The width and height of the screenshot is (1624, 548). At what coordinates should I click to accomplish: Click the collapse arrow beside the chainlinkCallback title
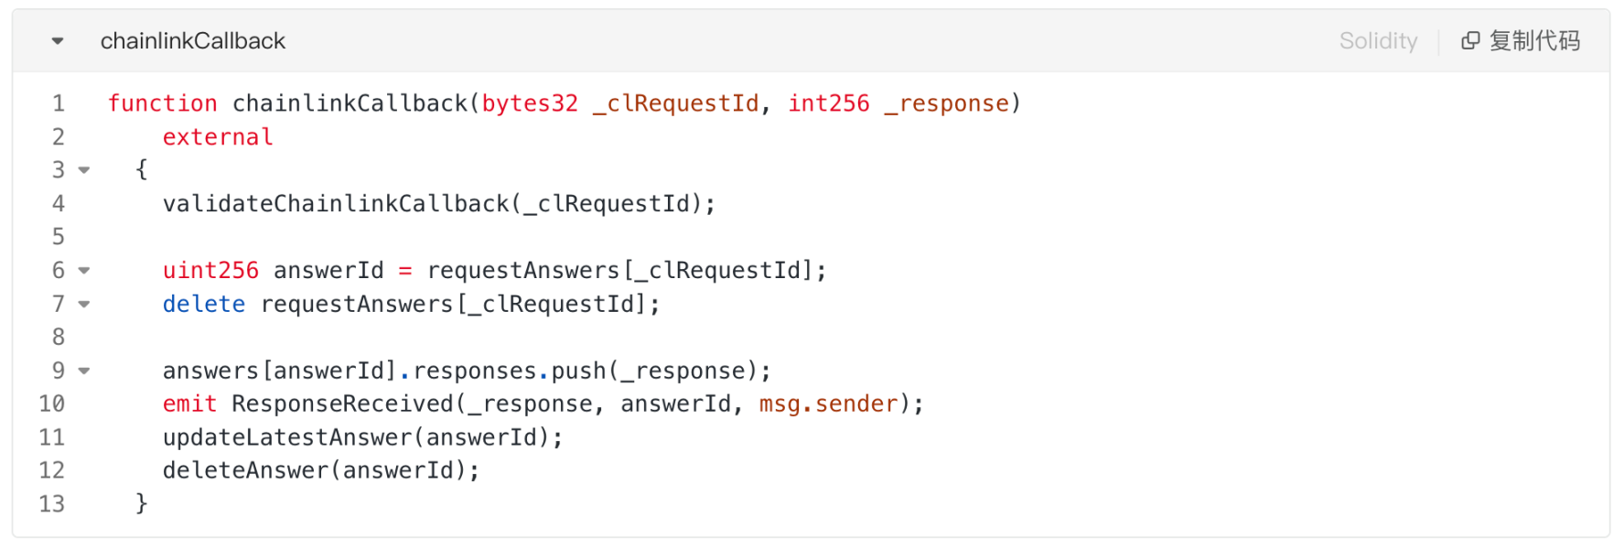(x=58, y=41)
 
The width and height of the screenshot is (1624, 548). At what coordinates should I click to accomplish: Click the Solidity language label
(x=1378, y=41)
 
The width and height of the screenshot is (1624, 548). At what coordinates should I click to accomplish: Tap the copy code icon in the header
(x=1470, y=41)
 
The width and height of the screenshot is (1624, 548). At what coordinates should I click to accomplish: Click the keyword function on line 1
(x=162, y=103)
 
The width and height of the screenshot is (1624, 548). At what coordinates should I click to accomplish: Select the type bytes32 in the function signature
(x=530, y=103)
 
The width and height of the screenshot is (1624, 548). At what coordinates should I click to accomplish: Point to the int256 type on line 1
(x=829, y=103)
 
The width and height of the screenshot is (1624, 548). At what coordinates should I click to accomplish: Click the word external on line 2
(x=218, y=137)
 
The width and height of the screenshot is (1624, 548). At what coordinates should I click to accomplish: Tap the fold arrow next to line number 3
(x=84, y=170)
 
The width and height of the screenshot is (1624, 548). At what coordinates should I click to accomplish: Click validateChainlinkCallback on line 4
(x=336, y=203)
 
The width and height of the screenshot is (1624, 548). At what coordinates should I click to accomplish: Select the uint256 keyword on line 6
(x=210, y=271)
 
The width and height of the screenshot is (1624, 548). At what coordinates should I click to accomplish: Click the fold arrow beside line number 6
(x=84, y=271)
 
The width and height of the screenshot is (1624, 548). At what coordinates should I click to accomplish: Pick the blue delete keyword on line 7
(x=204, y=304)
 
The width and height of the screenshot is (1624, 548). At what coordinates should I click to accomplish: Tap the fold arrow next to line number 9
(x=84, y=371)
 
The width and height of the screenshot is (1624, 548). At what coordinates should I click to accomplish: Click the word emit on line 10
(x=190, y=403)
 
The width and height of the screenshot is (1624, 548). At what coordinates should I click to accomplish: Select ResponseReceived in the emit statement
(x=342, y=403)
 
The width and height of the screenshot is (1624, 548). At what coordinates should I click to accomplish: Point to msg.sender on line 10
(x=828, y=403)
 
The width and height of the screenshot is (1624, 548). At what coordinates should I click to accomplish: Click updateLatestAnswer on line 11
(x=287, y=437)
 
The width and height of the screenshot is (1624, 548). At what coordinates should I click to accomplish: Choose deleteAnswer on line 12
(x=245, y=470)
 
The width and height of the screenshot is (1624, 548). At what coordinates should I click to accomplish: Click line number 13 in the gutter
(x=52, y=504)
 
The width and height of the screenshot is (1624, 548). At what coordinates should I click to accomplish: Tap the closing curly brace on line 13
(x=142, y=504)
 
